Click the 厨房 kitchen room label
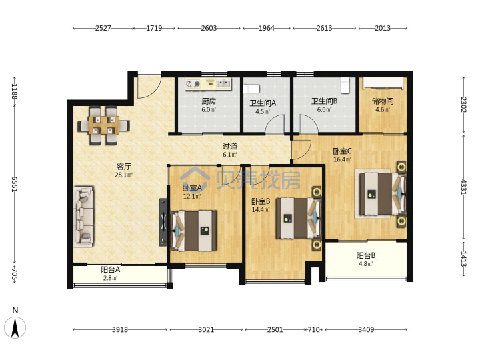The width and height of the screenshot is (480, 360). coord(209,101)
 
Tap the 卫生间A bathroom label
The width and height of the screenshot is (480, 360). coord(263,103)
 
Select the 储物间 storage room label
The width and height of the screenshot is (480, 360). coord(383,101)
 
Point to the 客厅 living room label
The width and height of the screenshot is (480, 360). coord(124,167)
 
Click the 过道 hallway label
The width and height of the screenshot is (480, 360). coord(230,146)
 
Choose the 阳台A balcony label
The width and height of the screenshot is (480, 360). coord(110,270)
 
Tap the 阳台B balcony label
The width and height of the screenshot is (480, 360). coord(366,255)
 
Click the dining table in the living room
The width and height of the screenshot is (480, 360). coord(103,125)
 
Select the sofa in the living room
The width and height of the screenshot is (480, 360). coord(83,217)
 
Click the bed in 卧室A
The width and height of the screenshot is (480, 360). coord(194,231)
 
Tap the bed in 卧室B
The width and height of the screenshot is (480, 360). coord(299,218)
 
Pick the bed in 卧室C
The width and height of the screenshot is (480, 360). coord(383,194)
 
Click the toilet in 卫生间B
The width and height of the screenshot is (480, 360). coord(345,85)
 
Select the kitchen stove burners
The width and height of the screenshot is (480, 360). coord(193,83)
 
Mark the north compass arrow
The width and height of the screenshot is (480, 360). coord(15,327)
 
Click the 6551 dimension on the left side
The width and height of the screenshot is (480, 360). coord(15,184)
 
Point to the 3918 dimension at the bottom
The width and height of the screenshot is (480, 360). coord(120,330)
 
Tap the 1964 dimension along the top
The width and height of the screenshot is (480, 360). coord(266,28)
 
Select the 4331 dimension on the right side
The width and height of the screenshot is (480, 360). coord(464,187)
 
